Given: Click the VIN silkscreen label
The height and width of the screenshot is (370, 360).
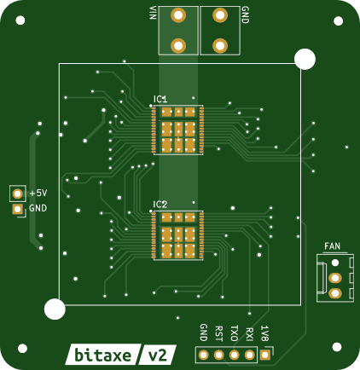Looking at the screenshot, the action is [153, 13].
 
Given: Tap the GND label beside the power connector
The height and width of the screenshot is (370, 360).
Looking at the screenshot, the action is [245, 14].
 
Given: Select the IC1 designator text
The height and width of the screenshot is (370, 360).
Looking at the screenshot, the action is [160, 99].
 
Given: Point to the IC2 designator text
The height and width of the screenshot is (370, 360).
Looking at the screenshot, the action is [160, 205].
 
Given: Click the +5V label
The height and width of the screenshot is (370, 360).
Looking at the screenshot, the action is [38, 194].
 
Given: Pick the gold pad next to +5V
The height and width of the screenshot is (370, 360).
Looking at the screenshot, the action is [18, 194].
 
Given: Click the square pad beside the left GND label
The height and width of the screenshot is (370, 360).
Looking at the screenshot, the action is [18, 210].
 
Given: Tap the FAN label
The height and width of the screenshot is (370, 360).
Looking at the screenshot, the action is [332, 246].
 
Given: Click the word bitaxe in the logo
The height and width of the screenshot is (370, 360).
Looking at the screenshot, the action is [102, 356].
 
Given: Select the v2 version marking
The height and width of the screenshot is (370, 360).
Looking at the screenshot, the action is [158, 356].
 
